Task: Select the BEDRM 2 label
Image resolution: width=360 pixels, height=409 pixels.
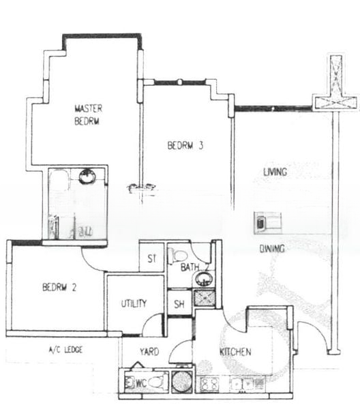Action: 58,287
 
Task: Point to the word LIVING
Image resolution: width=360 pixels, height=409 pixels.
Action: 275,172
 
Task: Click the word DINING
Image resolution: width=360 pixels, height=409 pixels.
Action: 271,249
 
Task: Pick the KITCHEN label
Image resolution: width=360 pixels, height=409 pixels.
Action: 235,352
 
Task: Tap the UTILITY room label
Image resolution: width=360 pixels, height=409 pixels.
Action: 134,303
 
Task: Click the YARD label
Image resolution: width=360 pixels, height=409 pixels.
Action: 149,352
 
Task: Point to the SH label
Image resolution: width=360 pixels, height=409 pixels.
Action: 179,304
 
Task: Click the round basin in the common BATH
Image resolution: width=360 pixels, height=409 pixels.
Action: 202,279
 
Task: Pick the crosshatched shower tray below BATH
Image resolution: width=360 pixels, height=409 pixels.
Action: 202,297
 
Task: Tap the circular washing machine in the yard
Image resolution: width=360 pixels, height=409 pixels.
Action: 182,381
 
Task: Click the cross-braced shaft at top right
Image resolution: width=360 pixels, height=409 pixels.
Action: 335,85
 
